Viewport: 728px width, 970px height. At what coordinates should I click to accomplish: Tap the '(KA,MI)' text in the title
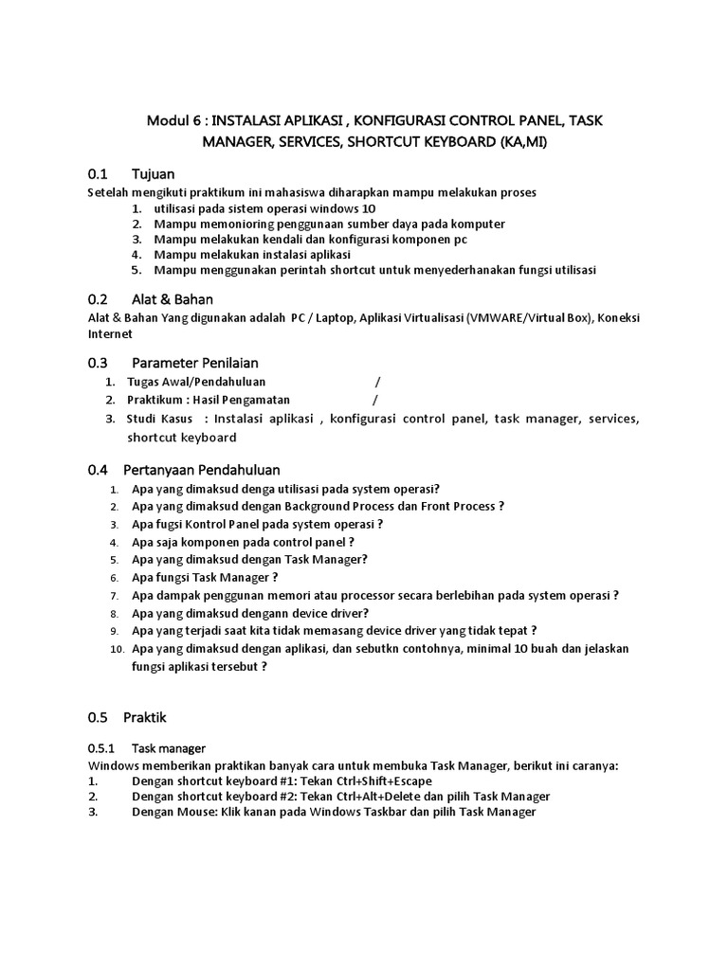click(x=516, y=142)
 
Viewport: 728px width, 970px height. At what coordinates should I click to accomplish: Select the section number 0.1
click(x=99, y=174)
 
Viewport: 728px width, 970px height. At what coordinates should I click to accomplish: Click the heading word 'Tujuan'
click(x=154, y=174)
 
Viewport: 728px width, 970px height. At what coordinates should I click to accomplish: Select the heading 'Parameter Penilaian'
click(x=195, y=363)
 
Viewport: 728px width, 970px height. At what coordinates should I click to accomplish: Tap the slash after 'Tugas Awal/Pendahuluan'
click(x=377, y=382)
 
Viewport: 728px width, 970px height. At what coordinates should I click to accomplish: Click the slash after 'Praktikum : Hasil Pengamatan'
click(x=377, y=400)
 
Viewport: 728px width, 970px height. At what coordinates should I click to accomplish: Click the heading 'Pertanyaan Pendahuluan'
click(x=206, y=470)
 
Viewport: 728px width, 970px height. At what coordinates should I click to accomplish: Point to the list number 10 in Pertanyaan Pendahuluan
click(x=117, y=649)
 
